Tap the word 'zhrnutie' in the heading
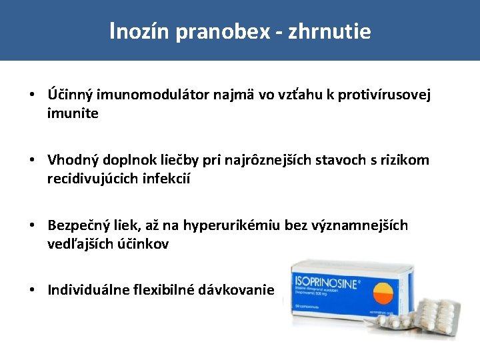329,32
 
